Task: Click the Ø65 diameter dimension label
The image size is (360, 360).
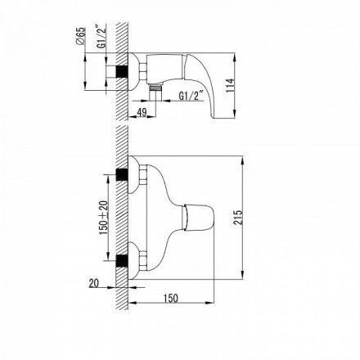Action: [81, 37]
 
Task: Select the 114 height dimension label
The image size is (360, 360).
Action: [230, 85]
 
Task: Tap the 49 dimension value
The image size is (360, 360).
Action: [142, 112]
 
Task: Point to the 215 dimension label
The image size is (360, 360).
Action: [238, 217]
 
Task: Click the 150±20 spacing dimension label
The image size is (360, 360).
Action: [104, 218]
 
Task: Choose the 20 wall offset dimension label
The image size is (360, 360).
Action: [93, 283]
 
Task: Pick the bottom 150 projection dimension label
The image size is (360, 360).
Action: [171, 298]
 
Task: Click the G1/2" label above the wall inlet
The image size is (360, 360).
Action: [101, 37]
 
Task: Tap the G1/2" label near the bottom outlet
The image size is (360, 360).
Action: [191, 96]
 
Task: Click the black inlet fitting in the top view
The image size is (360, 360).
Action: [122, 72]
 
